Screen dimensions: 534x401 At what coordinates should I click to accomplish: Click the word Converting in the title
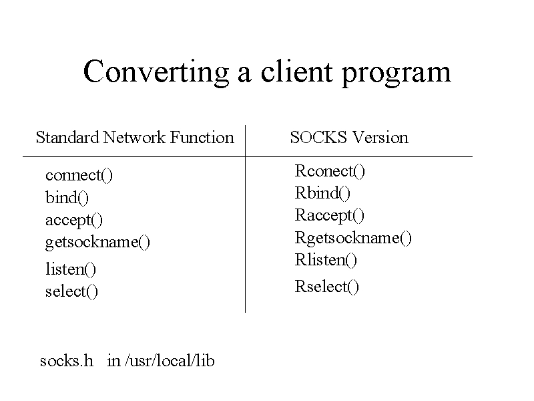click(x=156, y=72)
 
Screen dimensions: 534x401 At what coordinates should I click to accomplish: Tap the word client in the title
click(x=296, y=71)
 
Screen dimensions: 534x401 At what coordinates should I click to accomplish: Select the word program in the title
click(x=396, y=74)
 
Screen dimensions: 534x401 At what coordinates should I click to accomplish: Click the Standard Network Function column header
click(x=135, y=138)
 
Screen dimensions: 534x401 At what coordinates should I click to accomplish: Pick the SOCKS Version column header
click(x=349, y=138)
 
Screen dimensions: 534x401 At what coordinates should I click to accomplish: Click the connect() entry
click(x=79, y=175)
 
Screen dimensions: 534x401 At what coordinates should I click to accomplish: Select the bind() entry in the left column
click(x=67, y=197)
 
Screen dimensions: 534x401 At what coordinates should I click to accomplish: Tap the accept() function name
click(x=74, y=221)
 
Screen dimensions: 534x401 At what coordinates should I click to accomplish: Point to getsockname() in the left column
click(x=97, y=243)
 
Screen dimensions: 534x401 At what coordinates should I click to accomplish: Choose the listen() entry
click(x=71, y=269)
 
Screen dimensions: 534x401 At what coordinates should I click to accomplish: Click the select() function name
click(x=71, y=291)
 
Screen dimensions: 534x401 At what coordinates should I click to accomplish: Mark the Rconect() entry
click(x=330, y=171)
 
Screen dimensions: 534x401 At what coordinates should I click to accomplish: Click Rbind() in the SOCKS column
click(x=322, y=193)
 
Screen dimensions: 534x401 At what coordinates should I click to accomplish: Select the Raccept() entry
click(x=330, y=215)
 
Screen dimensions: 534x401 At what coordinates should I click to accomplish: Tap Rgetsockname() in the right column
click(x=353, y=238)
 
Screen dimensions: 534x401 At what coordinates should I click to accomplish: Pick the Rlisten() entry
click(x=326, y=260)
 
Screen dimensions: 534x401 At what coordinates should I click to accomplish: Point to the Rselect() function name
click(x=327, y=287)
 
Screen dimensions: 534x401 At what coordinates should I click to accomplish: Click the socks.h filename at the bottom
click(x=66, y=361)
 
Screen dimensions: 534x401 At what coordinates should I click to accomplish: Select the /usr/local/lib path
click(x=170, y=361)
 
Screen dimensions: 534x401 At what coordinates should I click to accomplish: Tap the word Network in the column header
click(x=134, y=138)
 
